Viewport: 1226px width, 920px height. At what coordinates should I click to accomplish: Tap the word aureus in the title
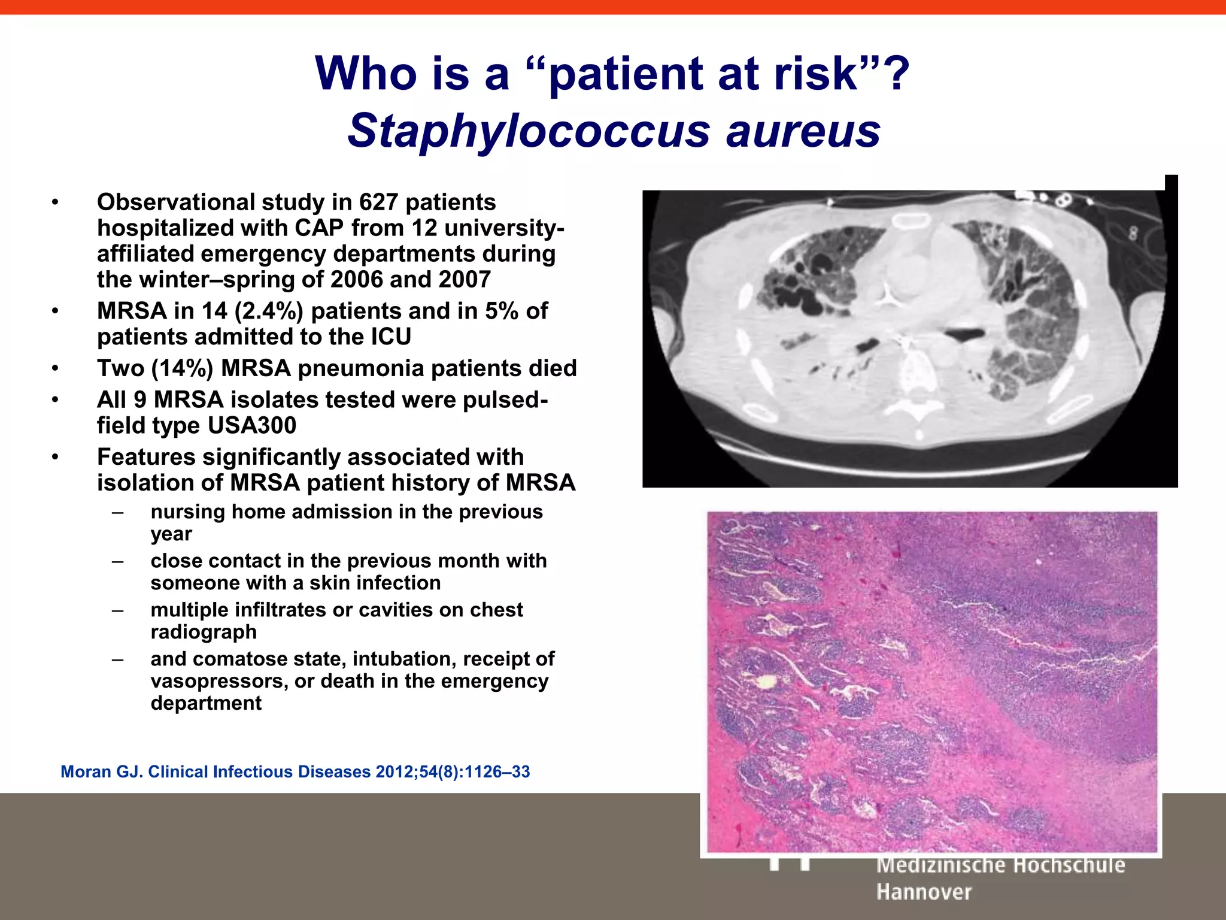(x=803, y=131)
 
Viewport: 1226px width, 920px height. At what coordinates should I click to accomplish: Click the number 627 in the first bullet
(x=378, y=202)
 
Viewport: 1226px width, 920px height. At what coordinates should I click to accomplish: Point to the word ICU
(x=391, y=337)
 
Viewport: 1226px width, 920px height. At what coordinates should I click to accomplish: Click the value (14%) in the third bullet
(x=182, y=368)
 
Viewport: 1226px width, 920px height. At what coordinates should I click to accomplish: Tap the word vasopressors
(x=219, y=681)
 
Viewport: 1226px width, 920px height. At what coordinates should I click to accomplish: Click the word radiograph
(x=204, y=632)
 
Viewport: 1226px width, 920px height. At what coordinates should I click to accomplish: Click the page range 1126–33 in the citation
(x=497, y=771)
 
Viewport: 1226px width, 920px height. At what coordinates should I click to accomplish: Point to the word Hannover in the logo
(x=924, y=892)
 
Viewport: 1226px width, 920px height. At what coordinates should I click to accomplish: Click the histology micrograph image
(x=931, y=682)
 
